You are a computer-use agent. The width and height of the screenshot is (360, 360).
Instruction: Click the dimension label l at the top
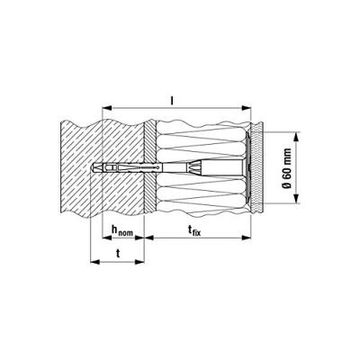click(172, 102)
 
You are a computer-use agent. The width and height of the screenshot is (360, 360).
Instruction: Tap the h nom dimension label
click(122, 230)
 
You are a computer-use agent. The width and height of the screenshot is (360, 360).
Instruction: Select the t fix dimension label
click(193, 230)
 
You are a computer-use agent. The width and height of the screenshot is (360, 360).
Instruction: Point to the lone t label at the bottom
click(118, 254)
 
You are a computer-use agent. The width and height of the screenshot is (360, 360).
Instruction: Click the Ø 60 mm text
click(287, 168)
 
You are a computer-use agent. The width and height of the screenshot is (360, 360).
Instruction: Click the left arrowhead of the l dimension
click(107, 108)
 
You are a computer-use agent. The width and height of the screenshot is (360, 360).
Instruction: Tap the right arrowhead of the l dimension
click(247, 108)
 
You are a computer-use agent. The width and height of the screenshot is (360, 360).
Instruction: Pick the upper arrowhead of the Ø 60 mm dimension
click(296, 137)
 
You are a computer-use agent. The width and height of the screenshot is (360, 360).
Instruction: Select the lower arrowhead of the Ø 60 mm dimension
click(296, 199)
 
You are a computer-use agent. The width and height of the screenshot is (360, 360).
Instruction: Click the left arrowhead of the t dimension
click(94, 262)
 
